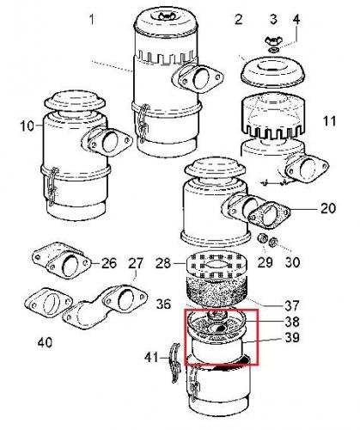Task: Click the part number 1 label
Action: point(92,20)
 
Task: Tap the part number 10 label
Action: point(27,126)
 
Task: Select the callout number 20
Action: point(327,208)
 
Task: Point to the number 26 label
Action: point(109,263)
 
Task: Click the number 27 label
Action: point(136,263)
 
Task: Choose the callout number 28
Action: point(163,263)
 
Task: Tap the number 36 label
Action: point(163,304)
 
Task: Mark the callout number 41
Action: point(151,357)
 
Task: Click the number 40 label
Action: point(45,342)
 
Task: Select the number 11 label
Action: point(329,121)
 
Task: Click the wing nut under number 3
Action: point(272,40)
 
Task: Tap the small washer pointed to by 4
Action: point(274,51)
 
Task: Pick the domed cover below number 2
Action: point(272,71)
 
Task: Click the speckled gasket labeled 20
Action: point(269,215)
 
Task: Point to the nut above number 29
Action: point(262,239)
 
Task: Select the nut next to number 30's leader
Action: point(273,243)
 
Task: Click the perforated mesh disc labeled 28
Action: point(217,265)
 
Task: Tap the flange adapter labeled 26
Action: point(61,261)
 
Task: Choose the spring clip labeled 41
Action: point(174,363)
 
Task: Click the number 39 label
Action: point(292,337)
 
